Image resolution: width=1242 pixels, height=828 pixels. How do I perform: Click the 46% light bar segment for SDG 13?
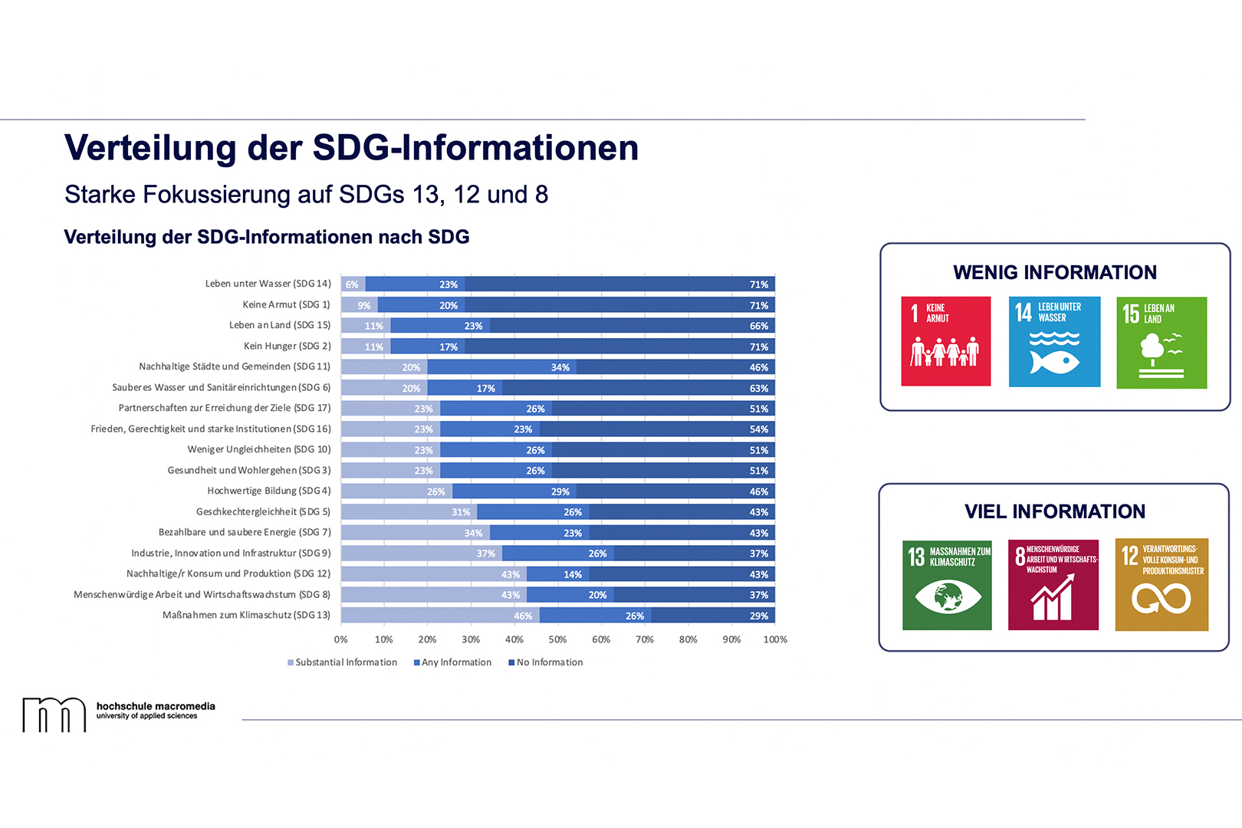(440, 616)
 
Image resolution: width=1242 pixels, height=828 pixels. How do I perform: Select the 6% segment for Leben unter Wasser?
(353, 284)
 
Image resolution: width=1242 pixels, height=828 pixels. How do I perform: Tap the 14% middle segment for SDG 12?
(558, 574)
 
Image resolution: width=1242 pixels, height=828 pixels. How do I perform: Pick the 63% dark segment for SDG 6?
(638, 388)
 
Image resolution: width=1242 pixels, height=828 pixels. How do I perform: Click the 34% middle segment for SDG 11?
(501, 367)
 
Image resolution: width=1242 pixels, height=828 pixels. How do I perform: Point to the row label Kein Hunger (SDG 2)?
(287, 347)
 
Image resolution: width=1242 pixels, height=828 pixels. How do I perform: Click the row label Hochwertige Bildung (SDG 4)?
(269, 491)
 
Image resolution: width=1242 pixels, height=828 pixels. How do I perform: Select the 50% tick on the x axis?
(557, 639)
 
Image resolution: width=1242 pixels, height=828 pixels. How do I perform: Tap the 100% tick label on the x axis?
(775, 639)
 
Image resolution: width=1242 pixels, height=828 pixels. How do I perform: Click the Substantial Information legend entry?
(343, 662)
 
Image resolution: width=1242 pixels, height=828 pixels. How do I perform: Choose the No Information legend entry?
(546, 662)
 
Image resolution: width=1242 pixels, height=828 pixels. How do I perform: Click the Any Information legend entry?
(453, 662)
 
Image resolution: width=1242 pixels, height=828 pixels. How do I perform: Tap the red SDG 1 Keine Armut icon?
(945, 341)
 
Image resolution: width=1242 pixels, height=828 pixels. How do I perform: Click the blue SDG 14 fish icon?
(1054, 342)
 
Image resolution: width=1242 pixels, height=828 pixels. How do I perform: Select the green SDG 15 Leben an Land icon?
(1161, 343)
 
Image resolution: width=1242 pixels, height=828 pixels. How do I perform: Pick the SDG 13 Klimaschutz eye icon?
(947, 584)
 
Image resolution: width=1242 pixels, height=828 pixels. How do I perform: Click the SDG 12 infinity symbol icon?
(1161, 584)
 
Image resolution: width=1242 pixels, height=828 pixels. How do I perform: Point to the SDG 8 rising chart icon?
(1053, 584)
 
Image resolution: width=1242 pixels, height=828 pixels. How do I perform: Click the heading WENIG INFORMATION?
(1055, 273)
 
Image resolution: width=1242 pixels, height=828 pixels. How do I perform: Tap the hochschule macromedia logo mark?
(54, 715)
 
